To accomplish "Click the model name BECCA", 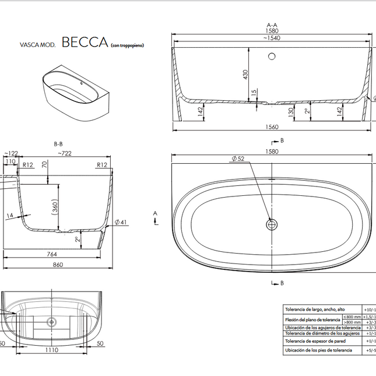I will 85,42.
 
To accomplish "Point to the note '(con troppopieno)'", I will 126,45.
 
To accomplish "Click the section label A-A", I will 272,25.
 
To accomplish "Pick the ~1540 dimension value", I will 272,38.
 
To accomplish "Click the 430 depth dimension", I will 245,75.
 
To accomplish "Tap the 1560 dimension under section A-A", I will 272,126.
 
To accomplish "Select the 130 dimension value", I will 290,111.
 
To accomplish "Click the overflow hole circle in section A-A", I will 272,57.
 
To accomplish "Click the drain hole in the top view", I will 272,224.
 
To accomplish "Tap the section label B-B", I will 58,143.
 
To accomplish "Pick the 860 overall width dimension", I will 58,264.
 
